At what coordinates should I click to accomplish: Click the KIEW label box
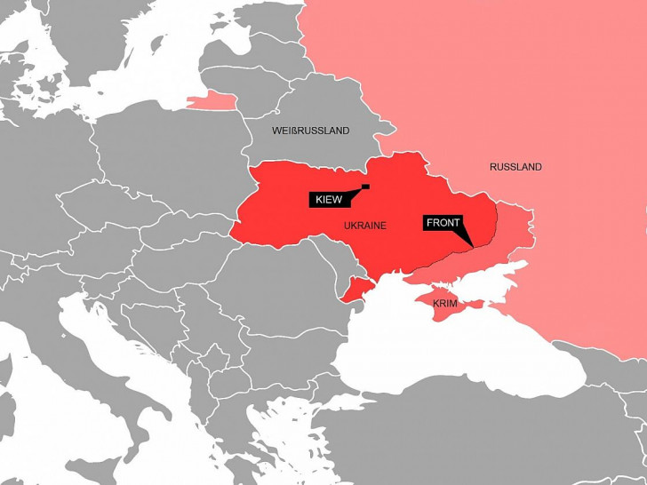(326, 200)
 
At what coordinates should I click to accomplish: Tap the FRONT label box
(443, 222)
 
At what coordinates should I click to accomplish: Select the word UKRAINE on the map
(364, 226)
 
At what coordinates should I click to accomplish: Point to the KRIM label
(445, 304)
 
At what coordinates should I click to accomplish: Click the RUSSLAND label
(515, 167)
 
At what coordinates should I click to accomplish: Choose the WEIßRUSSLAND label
(310, 131)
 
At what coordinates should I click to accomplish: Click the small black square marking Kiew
(365, 187)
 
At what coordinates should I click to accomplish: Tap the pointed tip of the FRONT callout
(473, 246)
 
